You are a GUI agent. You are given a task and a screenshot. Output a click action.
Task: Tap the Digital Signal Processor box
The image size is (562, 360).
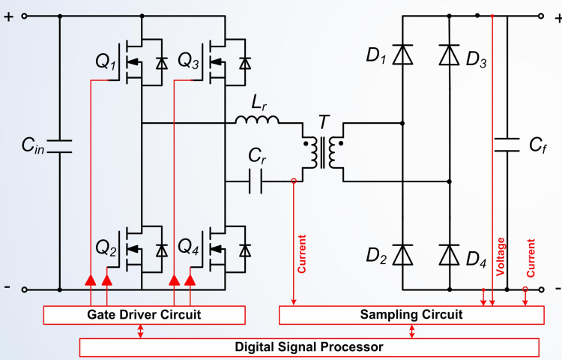tap(309, 346)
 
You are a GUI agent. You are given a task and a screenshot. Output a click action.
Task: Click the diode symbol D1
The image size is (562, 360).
tap(403, 55)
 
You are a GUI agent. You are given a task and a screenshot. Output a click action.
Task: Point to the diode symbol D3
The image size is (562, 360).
tap(450, 55)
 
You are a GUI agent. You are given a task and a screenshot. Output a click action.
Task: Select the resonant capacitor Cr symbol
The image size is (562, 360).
tap(256, 181)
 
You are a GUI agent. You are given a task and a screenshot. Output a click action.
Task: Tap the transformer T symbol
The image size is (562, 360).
tap(323, 150)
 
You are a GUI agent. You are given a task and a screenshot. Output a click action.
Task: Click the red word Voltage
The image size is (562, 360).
tap(501, 259)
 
